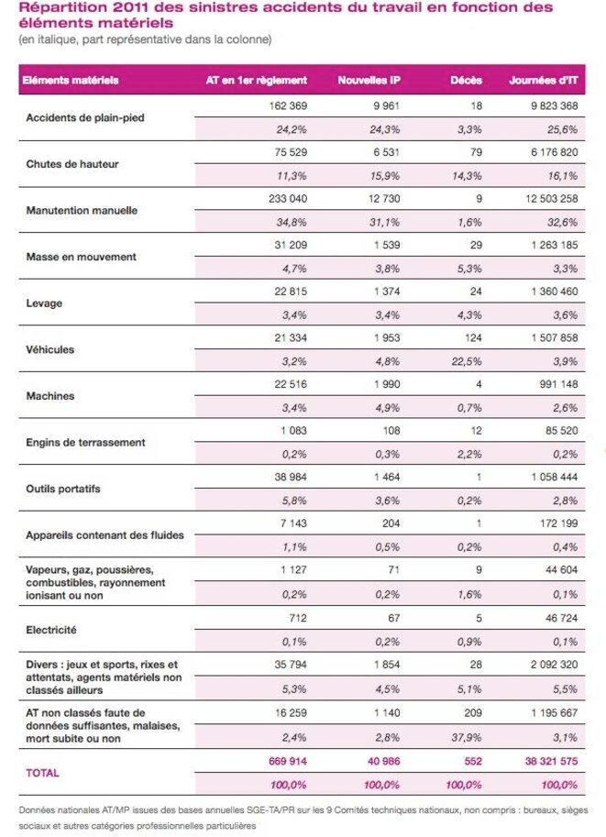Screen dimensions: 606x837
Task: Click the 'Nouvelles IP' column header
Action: tap(369, 80)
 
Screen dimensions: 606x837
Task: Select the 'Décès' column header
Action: tap(466, 80)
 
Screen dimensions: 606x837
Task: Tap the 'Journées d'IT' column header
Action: tap(544, 80)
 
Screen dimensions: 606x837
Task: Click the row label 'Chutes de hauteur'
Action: tap(72, 164)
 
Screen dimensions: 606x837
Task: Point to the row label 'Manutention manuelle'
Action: tap(82, 210)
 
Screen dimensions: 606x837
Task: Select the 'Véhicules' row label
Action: tap(50, 349)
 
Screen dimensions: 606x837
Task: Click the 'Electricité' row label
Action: tap(51, 630)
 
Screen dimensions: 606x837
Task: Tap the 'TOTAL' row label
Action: tap(43, 773)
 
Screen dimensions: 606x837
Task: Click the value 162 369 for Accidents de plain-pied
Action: tap(288, 105)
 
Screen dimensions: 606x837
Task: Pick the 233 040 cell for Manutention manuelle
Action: tap(288, 199)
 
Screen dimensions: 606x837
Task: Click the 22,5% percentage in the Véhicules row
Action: tap(467, 361)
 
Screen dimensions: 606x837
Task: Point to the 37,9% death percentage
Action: tap(467, 738)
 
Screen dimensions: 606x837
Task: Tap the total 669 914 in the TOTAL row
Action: tap(288, 761)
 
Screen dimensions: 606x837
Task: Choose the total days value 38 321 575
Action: tap(552, 761)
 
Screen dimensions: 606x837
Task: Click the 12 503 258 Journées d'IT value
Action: tap(552, 199)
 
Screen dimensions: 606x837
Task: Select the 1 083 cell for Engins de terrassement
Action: tap(293, 431)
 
